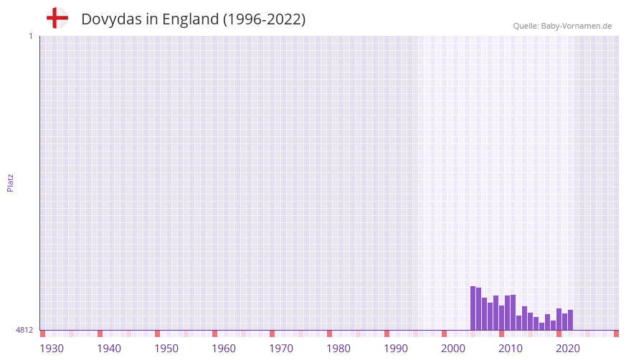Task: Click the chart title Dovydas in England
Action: pyautogui.click(x=193, y=19)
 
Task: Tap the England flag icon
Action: pyautogui.click(x=57, y=18)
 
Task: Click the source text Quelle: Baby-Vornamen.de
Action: pyautogui.click(x=562, y=26)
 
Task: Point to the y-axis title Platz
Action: pyautogui.click(x=11, y=182)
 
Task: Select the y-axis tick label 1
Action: pyautogui.click(x=30, y=36)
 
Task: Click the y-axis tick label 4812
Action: pyautogui.click(x=24, y=330)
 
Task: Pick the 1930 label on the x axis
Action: pyautogui.click(x=52, y=349)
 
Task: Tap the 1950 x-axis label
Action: pyautogui.click(x=166, y=349)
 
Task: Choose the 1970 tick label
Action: pyautogui.click(x=281, y=349)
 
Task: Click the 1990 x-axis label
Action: pyautogui.click(x=396, y=349)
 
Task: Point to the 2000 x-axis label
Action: pyautogui.click(x=453, y=349)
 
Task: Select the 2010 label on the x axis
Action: pyautogui.click(x=511, y=349)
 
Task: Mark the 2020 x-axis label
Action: pyautogui.click(x=568, y=349)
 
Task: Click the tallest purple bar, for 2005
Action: pyautogui.click(x=473, y=308)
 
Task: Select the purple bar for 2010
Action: pyautogui.click(x=502, y=318)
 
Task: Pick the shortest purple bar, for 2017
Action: pyautogui.click(x=542, y=326)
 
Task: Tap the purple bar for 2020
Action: pyautogui.click(x=559, y=319)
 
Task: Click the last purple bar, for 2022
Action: pyautogui.click(x=571, y=320)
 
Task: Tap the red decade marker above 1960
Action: pyautogui.click(x=214, y=333)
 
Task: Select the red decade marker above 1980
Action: pyautogui.click(x=329, y=333)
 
